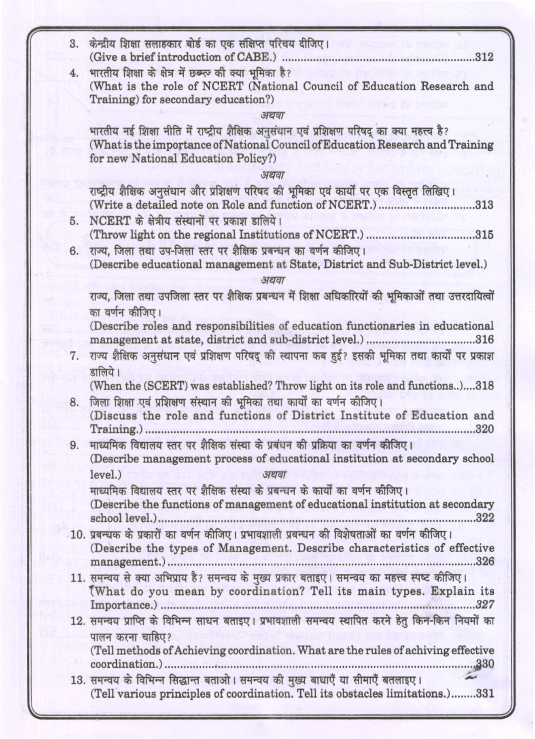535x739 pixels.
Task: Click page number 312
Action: click(484, 57)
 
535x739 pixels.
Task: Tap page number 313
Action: click(484, 205)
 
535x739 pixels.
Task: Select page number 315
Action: click(484, 235)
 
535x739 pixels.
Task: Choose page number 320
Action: click(484, 429)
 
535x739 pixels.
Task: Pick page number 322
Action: click(484, 518)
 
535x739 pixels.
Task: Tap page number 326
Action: click(484, 562)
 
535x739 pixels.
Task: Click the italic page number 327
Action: click(485, 605)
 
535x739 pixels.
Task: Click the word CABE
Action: click(255, 57)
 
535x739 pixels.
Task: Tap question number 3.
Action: click(74, 44)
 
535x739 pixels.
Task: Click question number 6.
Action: click(74, 251)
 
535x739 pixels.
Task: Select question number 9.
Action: click(74, 446)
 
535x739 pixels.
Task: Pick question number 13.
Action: click(76, 680)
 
